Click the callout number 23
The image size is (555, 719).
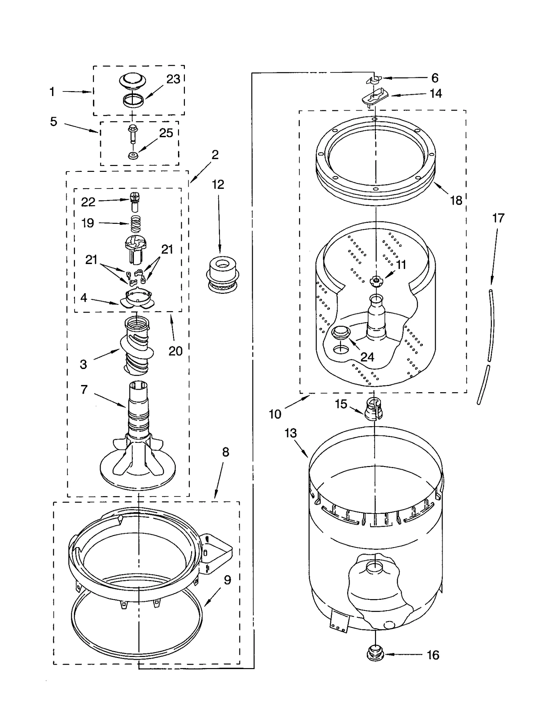pyautogui.click(x=173, y=79)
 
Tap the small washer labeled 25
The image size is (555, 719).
pyautogui.click(x=133, y=156)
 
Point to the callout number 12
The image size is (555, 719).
pyautogui.click(x=218, y=185)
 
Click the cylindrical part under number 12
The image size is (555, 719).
pyautogui.click(x=222, y=274)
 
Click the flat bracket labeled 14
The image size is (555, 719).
pyautogui.click(x=374, y=98)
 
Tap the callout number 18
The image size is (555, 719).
pyautogui.click(x=456, y=201)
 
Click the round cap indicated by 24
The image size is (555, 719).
pyautogui.click(x=341, y=333)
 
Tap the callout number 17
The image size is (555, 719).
pyautogui.click(x=498, y=218)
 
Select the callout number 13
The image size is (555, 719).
pyautogui.click(x=291, y=433)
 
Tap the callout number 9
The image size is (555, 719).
pyautogui.click(x=227, y=580)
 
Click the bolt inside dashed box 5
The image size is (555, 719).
pyautogui.click(x=133, y=133)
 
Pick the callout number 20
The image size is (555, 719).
pyautogui.click(x=175, y=351)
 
